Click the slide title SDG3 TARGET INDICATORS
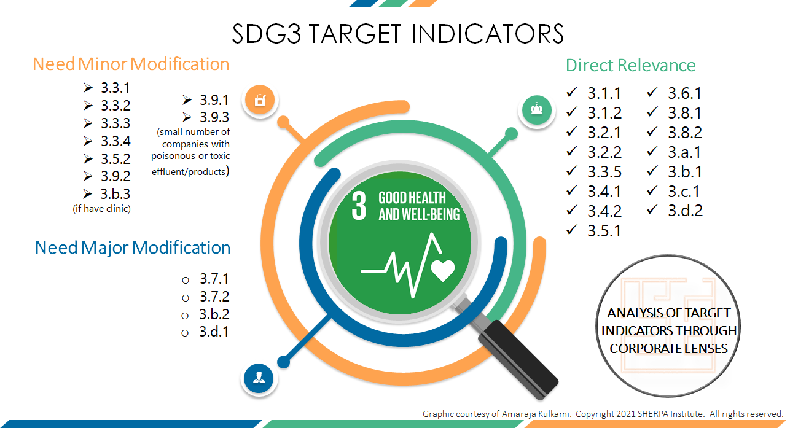click(397, 34)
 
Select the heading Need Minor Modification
click(131, 64)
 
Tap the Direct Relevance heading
click(630, 66)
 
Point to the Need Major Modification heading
click(133, 247)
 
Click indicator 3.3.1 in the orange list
click(115, 88)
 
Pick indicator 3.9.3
click(214, 117)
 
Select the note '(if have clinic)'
click(102, 209)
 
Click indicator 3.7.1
click(214, 279)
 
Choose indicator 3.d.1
click(214, 333)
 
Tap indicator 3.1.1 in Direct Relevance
click(604, 93)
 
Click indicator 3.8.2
click(684, 133)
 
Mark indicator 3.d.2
click(684, 211)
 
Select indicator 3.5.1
click(604, 231)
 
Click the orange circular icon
click(260, 99)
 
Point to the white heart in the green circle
click(443, 269)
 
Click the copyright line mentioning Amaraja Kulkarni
click(603, 414)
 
